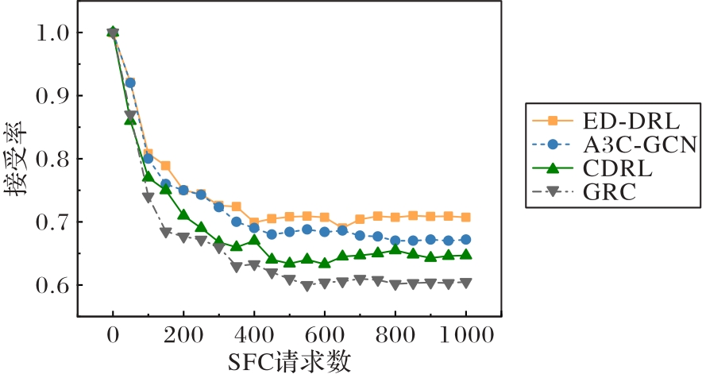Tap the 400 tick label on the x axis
254,336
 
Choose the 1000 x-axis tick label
465,336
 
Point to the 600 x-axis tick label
325,336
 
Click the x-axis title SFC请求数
289,361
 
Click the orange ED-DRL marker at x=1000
466,217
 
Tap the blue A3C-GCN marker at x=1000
466,239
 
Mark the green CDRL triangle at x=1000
466,254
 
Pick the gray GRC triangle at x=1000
466,283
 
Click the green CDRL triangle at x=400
254,240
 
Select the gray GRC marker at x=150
165,232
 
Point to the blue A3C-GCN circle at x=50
130,83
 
